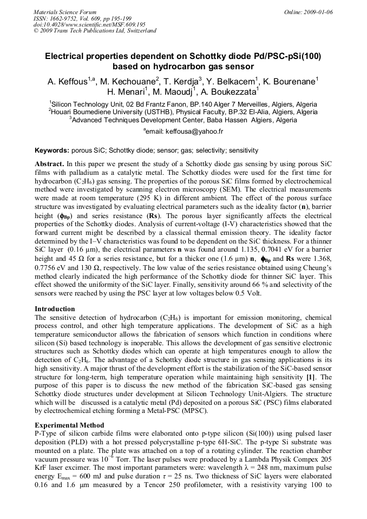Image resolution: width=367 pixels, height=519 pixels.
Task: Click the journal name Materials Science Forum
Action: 65,11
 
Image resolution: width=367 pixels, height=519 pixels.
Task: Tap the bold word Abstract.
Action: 49,163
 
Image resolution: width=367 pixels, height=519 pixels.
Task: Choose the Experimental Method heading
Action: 69,425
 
